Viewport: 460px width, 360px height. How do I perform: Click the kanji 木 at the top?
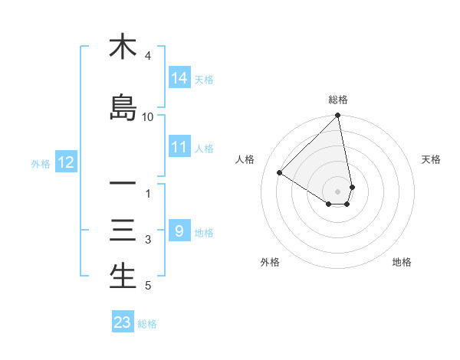pos(123,47)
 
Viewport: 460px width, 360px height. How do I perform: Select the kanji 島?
pos(123,107)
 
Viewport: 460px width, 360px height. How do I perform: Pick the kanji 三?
pos(123,231)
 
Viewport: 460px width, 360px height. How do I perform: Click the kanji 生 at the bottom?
pos(123,277)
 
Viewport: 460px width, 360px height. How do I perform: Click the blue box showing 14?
pos(179,78)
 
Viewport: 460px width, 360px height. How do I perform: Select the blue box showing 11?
pos(179,147)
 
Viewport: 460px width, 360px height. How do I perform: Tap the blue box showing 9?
pos(179,231)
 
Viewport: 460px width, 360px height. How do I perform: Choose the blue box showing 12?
pos(65,162)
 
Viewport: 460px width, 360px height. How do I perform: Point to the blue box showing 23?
pos(123,322)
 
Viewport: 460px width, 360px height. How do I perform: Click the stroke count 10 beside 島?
pos(148,117)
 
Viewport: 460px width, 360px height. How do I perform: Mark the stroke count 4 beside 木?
pos(148,56)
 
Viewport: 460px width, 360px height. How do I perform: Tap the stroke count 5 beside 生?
pos(148,286)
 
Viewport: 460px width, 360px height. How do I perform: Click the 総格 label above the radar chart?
pos(338,100)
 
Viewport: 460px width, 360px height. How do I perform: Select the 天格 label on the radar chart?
pos(431,159)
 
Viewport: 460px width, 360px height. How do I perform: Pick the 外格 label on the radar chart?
pos(270,262)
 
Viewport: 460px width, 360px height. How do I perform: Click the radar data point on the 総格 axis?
pos(338,116)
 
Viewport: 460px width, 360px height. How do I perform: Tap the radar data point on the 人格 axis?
pos(280,173)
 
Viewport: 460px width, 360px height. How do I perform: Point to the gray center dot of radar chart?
pos(338,191)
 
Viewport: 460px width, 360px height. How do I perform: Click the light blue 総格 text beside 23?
pos(147,324)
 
